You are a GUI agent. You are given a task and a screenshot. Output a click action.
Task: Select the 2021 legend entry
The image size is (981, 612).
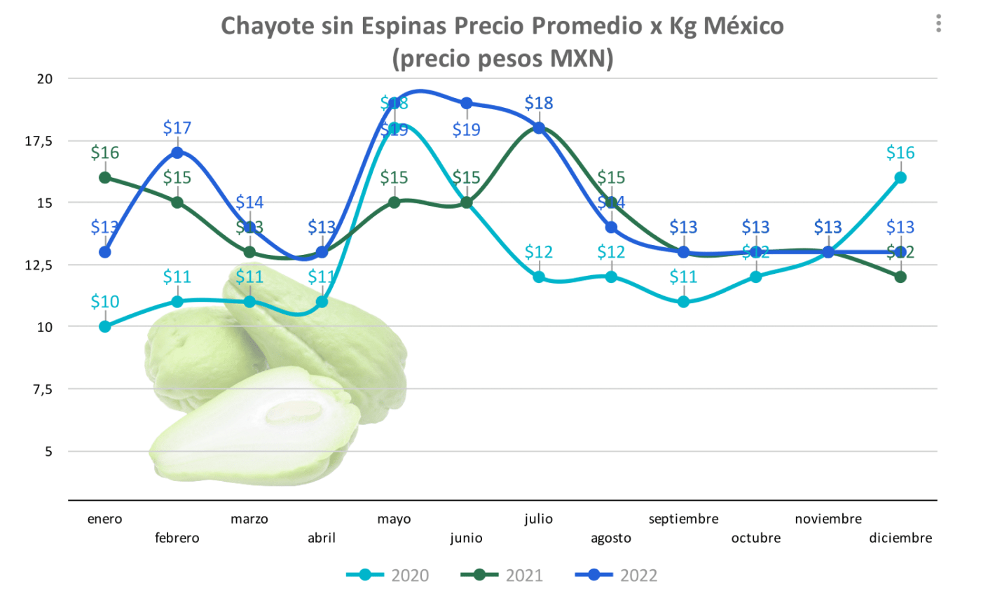[x=502, y=575]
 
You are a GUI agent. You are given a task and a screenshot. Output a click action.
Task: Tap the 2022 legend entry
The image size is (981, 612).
[x=617, y=575]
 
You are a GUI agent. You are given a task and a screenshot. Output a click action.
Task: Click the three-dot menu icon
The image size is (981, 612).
[x=938, y=24]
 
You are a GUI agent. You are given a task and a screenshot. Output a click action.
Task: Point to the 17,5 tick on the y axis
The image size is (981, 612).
[x=39, y=141]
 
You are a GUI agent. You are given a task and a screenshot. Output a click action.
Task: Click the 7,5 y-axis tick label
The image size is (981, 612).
[x=42, y=389]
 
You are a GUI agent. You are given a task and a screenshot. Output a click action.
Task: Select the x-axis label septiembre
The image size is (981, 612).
[x=683, y=519]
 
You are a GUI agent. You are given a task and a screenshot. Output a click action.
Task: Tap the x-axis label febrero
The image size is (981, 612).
[x=177, y=538]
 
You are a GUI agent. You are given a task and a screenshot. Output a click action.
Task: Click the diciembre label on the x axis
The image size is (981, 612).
[x=900, y=538]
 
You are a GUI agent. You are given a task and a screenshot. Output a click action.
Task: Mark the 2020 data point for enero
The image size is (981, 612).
[x=105, y=326]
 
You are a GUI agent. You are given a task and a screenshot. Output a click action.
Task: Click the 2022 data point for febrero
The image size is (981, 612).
[x=177, y=153]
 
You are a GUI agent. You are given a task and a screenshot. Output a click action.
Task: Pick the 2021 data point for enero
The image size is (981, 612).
[x=105, y=177]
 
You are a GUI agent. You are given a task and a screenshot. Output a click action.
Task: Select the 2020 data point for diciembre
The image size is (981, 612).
[x=900, y=178]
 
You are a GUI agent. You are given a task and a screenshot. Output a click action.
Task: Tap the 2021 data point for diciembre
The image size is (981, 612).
[x=900, y=277]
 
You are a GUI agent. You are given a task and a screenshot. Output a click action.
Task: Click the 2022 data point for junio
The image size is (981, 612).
[x=467, y=104]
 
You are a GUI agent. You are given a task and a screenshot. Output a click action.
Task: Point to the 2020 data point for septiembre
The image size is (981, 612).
[x=683, y=302]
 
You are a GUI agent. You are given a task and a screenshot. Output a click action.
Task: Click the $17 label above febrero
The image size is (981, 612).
[x=177, y=128]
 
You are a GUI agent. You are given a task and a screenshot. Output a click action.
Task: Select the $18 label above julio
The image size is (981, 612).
[x=539, y=104]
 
